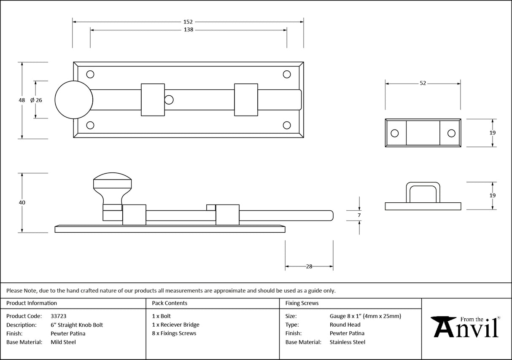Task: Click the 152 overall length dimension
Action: pyautogui.click(x=188, y=21)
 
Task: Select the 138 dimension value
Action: pyautogui.click(x=188, y=30)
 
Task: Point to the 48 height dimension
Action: pyautogui.click(x=22, y=100)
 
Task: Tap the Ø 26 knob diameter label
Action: pyautogui.click(x=37, y=100)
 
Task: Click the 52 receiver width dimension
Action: pyautogui.click(x=423, y=83)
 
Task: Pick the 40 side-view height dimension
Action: pyautogui.click(x=22, y=203)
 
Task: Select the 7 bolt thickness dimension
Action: pyautogui.click(x=359, y=215)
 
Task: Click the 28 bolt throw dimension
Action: pyautogui.click(x=309, y=266)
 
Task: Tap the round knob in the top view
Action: pyautogui.click(x=74, y=100)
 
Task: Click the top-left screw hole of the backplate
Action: pyautogui.click(x=90, y=75)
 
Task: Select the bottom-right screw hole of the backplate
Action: pyautogui.click(x=287, y=125)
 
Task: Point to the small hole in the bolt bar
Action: pyautogui.click(x=169, y=100)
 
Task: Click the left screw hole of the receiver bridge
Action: pyautogui.click(x=395, y=133)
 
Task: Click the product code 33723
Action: pyautogui.click(x=58, y=316)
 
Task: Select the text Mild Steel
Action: pyautogui.click(x=63, y=342)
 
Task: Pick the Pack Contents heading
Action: pyautogui.click(x=170, y=303)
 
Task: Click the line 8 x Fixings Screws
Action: pyautogui.click(x=174, y=333)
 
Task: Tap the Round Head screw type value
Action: pyautogui.click(x=345, y=325)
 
